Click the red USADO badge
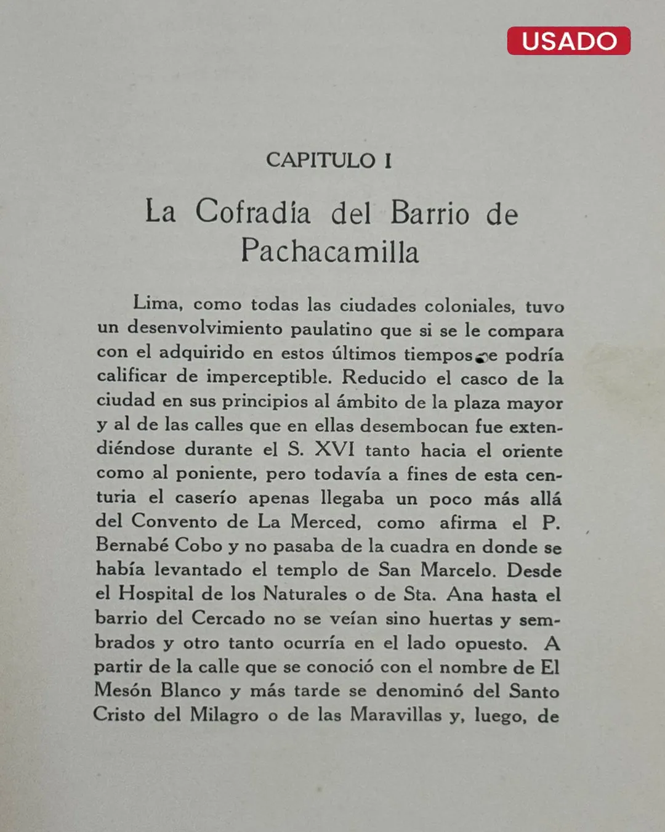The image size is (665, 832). tap(568, 41)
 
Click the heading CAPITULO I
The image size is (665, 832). tap(329, 160)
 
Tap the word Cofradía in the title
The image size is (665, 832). tap(253, 212)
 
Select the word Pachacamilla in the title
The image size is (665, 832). tap(330, 251)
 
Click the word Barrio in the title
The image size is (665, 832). tap(430, 213)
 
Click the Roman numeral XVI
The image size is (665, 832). tap(335, 449)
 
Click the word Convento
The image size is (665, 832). tap(174, 521)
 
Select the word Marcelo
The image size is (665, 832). tap(457, 570)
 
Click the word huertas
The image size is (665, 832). tap(461, 619)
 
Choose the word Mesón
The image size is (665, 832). tap(123, 690)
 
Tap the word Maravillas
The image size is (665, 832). tap(396, 715)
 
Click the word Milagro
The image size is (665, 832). tap(224, 715)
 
